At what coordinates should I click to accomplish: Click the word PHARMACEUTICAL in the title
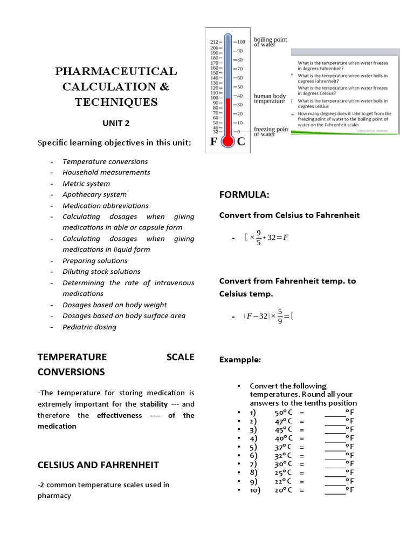(x=116, y=71)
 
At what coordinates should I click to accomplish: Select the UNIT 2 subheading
(x=116, y=123)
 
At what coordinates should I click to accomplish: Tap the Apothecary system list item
(x=94, y=194)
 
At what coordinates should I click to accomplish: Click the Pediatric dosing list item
(x=89, y=327)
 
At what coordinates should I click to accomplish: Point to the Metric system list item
(x=87, y=184)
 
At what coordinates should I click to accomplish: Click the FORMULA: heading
(x=244, y=194)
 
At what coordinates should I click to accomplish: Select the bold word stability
(x=154, y=404)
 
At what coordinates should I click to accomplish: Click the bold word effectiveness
(x=119, y=415)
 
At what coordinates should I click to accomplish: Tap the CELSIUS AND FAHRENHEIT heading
(x=98, y=464)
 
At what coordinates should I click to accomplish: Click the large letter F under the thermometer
(x=215, y=142)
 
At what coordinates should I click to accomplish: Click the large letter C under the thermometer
(x=241, y=142)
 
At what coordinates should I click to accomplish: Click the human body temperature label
(x=270, y=99)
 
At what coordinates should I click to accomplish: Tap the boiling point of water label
(x=271, y=42)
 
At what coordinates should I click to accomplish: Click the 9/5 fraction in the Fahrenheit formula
(x=259, y=238)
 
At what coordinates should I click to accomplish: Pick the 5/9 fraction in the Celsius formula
(x=280, y=316)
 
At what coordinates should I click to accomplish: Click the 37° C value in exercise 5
(x=283, y=447)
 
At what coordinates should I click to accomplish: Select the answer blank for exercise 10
(x=335, y=490)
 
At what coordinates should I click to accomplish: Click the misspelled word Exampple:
(x=240, y=360)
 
